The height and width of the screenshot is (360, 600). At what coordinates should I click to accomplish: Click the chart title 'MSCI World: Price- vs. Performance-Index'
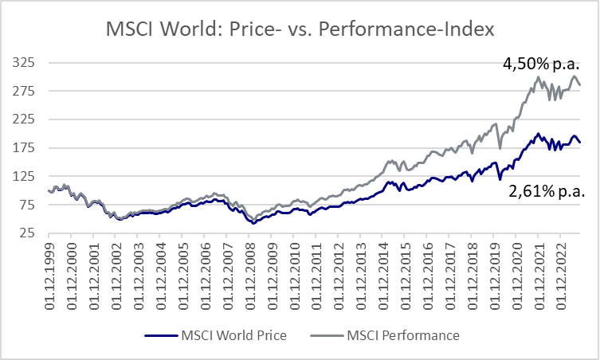coord(300,29)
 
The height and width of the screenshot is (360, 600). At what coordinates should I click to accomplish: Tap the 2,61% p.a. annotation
coord(547,190)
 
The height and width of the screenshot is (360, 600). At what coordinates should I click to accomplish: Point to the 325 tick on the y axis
coord(24,62)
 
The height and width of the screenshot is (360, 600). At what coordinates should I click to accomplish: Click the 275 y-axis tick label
coord(24,91)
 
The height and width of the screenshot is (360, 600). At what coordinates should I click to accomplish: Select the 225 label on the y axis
coord(24,119)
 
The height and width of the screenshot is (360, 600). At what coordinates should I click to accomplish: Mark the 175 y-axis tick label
coord(24,148)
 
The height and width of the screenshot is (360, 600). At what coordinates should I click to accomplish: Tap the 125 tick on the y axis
coord(24,176)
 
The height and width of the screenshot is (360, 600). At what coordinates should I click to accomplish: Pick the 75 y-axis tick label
coord(27,205)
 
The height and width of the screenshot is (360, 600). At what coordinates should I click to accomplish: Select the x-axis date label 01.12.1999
coord(51,270)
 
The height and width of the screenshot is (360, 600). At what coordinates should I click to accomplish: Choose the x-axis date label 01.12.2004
coord(162,270)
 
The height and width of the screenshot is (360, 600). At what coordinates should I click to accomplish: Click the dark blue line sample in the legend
coord(162,335)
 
